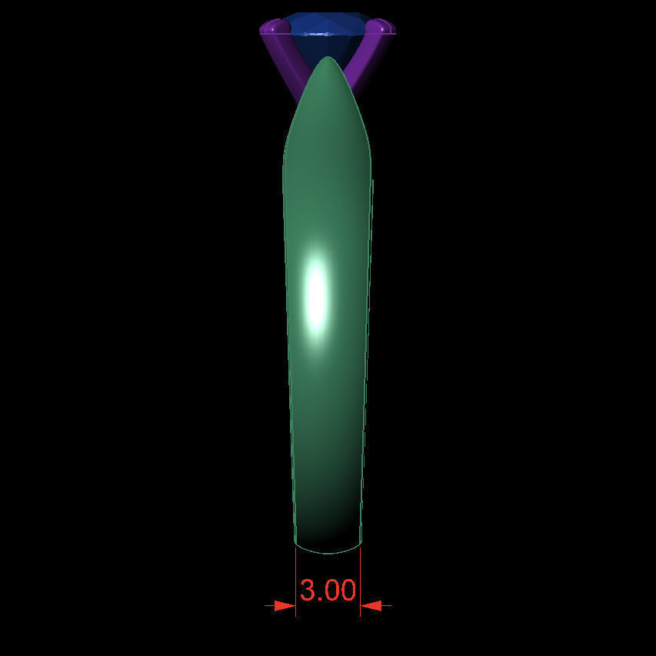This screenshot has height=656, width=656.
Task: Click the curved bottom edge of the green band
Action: click(328, 552)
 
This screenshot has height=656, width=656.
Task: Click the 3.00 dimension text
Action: click(328, 591)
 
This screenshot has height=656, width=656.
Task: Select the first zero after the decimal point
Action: click(331, 591)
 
